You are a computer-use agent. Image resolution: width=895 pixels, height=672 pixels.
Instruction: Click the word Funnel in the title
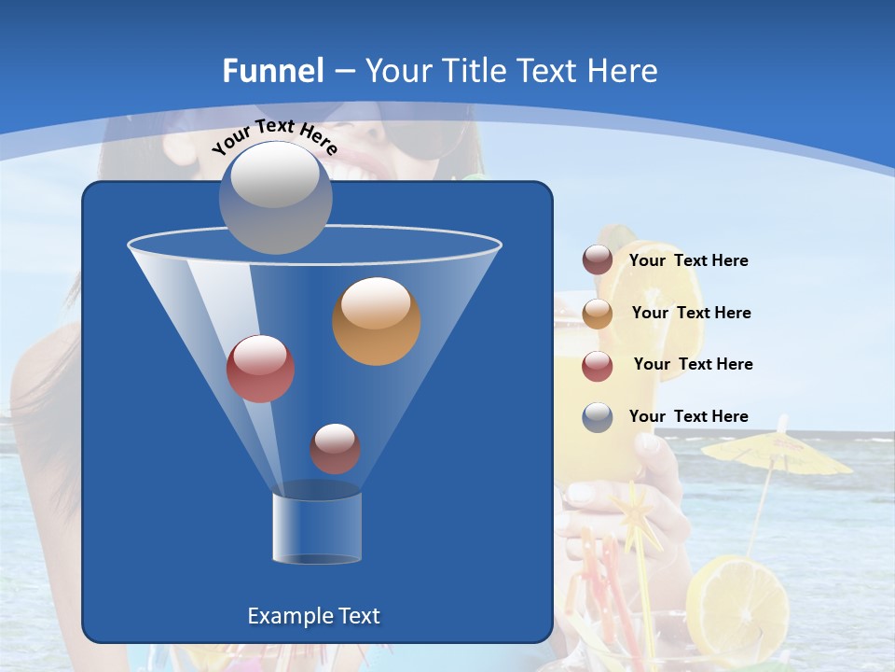coord(272,71)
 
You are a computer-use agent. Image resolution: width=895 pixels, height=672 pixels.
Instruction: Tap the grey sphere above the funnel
coord(275,197)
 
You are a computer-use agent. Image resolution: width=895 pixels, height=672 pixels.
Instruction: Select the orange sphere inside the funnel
coord(376,321)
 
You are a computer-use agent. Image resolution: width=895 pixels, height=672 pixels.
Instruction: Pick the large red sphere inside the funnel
coord(260,369)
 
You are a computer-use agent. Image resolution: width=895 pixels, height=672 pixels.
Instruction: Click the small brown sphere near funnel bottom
coord(335,449)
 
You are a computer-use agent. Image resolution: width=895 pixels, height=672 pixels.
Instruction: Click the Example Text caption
coord(313,616)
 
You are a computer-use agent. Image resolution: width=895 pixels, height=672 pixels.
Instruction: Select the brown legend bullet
coord(598,260)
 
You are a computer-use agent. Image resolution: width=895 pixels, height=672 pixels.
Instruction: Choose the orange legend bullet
coord(598,314)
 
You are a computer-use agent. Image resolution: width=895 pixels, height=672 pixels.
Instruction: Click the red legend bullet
coord(598,366)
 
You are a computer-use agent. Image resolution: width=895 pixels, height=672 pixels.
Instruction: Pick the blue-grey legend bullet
coord(598,417)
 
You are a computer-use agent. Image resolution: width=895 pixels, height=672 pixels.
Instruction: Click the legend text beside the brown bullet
coord(688,261)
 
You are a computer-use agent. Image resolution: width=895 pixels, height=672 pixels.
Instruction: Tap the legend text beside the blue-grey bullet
coord(688,416)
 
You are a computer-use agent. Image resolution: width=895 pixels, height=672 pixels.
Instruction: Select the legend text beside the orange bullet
coord(691,313)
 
